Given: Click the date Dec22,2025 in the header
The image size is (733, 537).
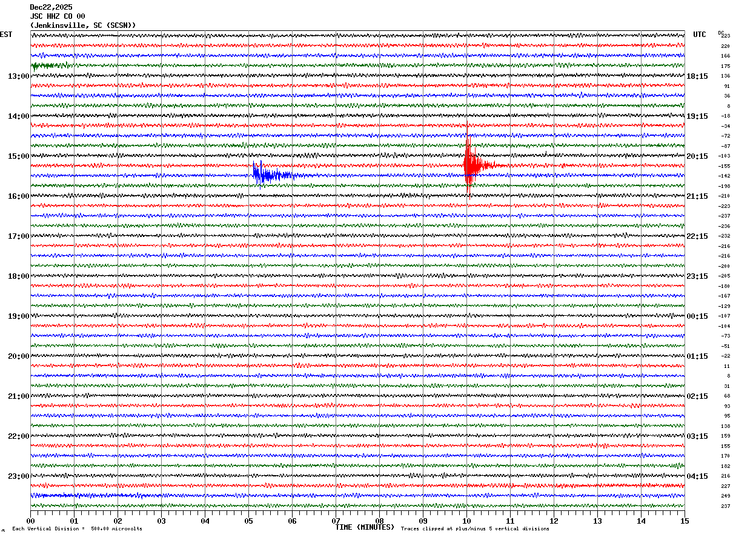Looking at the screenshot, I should point(51,7).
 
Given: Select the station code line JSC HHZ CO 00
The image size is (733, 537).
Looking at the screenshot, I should point(58,16).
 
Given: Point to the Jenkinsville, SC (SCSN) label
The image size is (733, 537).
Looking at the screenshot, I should point(83,25).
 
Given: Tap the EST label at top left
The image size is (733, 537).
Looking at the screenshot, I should point(6,35).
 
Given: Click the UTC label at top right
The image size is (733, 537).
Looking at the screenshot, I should point(700,35).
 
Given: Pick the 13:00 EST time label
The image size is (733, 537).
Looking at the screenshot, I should point(18,76).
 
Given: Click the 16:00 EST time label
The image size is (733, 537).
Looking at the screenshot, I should point(18,196).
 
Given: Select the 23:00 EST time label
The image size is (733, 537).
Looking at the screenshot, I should point(18,476).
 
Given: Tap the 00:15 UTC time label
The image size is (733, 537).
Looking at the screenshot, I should point(697,316).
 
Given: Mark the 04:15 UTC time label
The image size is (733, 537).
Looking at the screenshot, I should point(697,476).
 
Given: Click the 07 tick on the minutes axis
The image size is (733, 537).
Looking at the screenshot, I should point(336,521).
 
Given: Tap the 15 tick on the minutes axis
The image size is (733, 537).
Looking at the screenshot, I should point(684,521).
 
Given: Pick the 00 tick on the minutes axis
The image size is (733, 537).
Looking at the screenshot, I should point(31,521).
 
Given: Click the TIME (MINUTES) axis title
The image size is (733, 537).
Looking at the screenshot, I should point(365,527).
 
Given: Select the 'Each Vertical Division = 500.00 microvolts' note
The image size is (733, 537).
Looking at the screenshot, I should point(77,529).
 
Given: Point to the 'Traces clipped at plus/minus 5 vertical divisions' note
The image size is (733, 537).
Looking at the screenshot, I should point(475,529).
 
